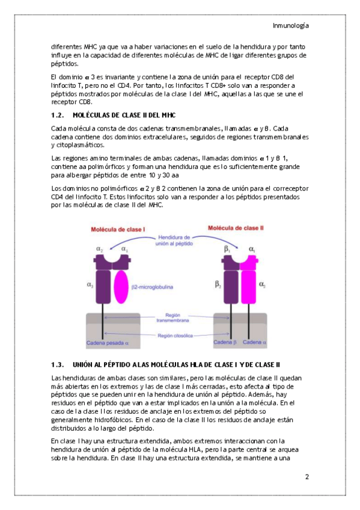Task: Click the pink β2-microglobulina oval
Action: point(121,286)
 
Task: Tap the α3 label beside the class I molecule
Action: point(90,284)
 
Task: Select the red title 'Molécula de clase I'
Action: point(118,229)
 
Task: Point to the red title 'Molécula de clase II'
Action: point(236,228)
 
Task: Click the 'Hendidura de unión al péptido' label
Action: point(174,241)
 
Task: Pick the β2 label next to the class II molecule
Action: point(218,284)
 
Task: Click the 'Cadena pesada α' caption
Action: point(108,343)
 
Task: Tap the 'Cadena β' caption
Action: point(225,342)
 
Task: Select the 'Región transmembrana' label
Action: point(172,318)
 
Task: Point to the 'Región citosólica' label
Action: point(175,336)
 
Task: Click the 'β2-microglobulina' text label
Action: point(152,287)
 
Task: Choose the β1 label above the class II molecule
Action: point(227,249)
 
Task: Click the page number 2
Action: point(307,477)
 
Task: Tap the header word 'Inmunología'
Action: point(291,26)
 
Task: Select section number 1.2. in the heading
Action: point(57,115)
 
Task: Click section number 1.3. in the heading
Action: point(57,364)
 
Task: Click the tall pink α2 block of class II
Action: point(248,286)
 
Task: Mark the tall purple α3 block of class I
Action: point(103,286)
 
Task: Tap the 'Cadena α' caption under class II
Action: point(254,342)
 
